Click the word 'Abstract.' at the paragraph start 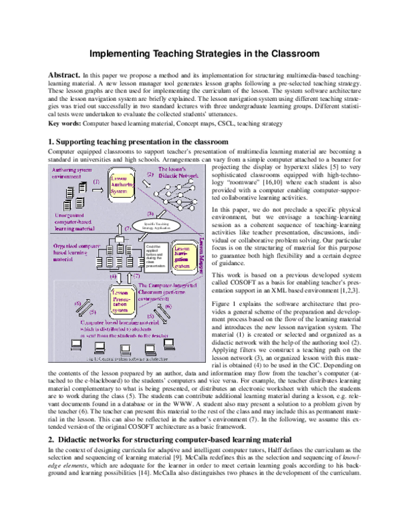63,74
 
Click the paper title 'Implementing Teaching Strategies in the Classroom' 204,52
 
